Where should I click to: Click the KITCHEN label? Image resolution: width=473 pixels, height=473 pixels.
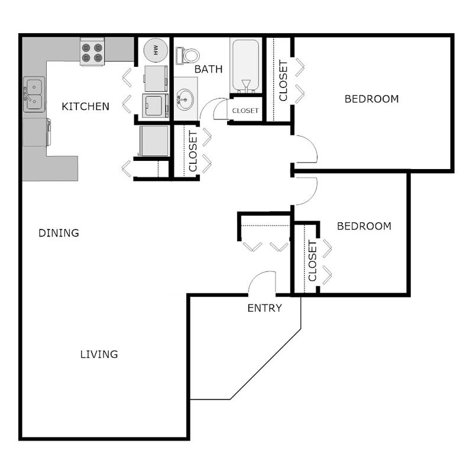point(86,106)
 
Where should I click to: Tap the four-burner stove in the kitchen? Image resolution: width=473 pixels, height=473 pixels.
point(92,52)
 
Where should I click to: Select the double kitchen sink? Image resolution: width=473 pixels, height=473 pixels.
point(34,95)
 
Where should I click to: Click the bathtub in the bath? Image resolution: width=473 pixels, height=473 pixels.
point(245,65)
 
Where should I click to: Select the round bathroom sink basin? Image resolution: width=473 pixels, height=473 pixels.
point(185,96)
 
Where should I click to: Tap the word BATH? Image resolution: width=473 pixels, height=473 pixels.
point(209,69)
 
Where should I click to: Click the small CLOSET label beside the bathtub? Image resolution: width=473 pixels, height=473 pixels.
point(245,111)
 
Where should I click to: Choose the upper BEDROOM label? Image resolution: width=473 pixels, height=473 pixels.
point(371,99)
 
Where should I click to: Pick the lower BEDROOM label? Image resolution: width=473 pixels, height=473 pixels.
point(364,226)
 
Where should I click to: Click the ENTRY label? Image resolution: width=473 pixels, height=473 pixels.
point(264,308)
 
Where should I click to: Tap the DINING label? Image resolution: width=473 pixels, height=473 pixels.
point(59,233)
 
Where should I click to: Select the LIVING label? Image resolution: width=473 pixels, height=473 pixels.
point(99,354)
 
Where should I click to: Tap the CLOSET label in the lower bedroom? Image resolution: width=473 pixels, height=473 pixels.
point(313,261)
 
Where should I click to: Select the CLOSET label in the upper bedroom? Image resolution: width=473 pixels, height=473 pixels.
point(283,80)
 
